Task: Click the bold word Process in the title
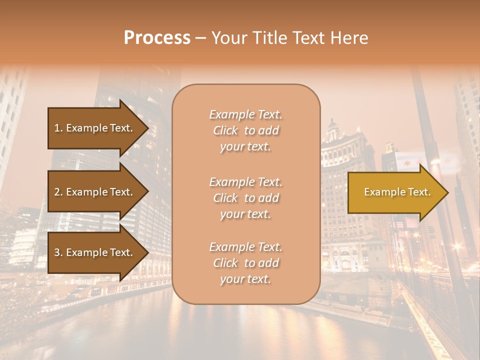(x=157, y=38)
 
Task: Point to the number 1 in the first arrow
(x=57, y=128)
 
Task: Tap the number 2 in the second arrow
(x=57, y=192)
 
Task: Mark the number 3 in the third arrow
(x=57, y=252)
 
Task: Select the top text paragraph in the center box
(x=245, y=130)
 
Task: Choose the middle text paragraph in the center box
(x=245, y=197)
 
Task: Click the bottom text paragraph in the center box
(x=245, y=263)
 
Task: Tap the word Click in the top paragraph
(x=225, y=130)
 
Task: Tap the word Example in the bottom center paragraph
(x=231, y=247)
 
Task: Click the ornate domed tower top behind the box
(x=332, y=131)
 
